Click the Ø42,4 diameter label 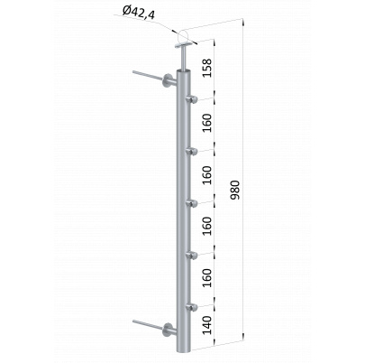(x=139, y=14)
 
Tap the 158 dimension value (x=207, y=68)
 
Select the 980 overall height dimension (x=234, y=190)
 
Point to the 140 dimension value (x=207, y=325)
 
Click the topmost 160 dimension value (x=207, y=123)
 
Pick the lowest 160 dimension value (x=207, y=277)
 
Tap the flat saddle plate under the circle (x=185, y=46)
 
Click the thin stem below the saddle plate (x=183, y=59)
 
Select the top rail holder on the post (x=192, y=99)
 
